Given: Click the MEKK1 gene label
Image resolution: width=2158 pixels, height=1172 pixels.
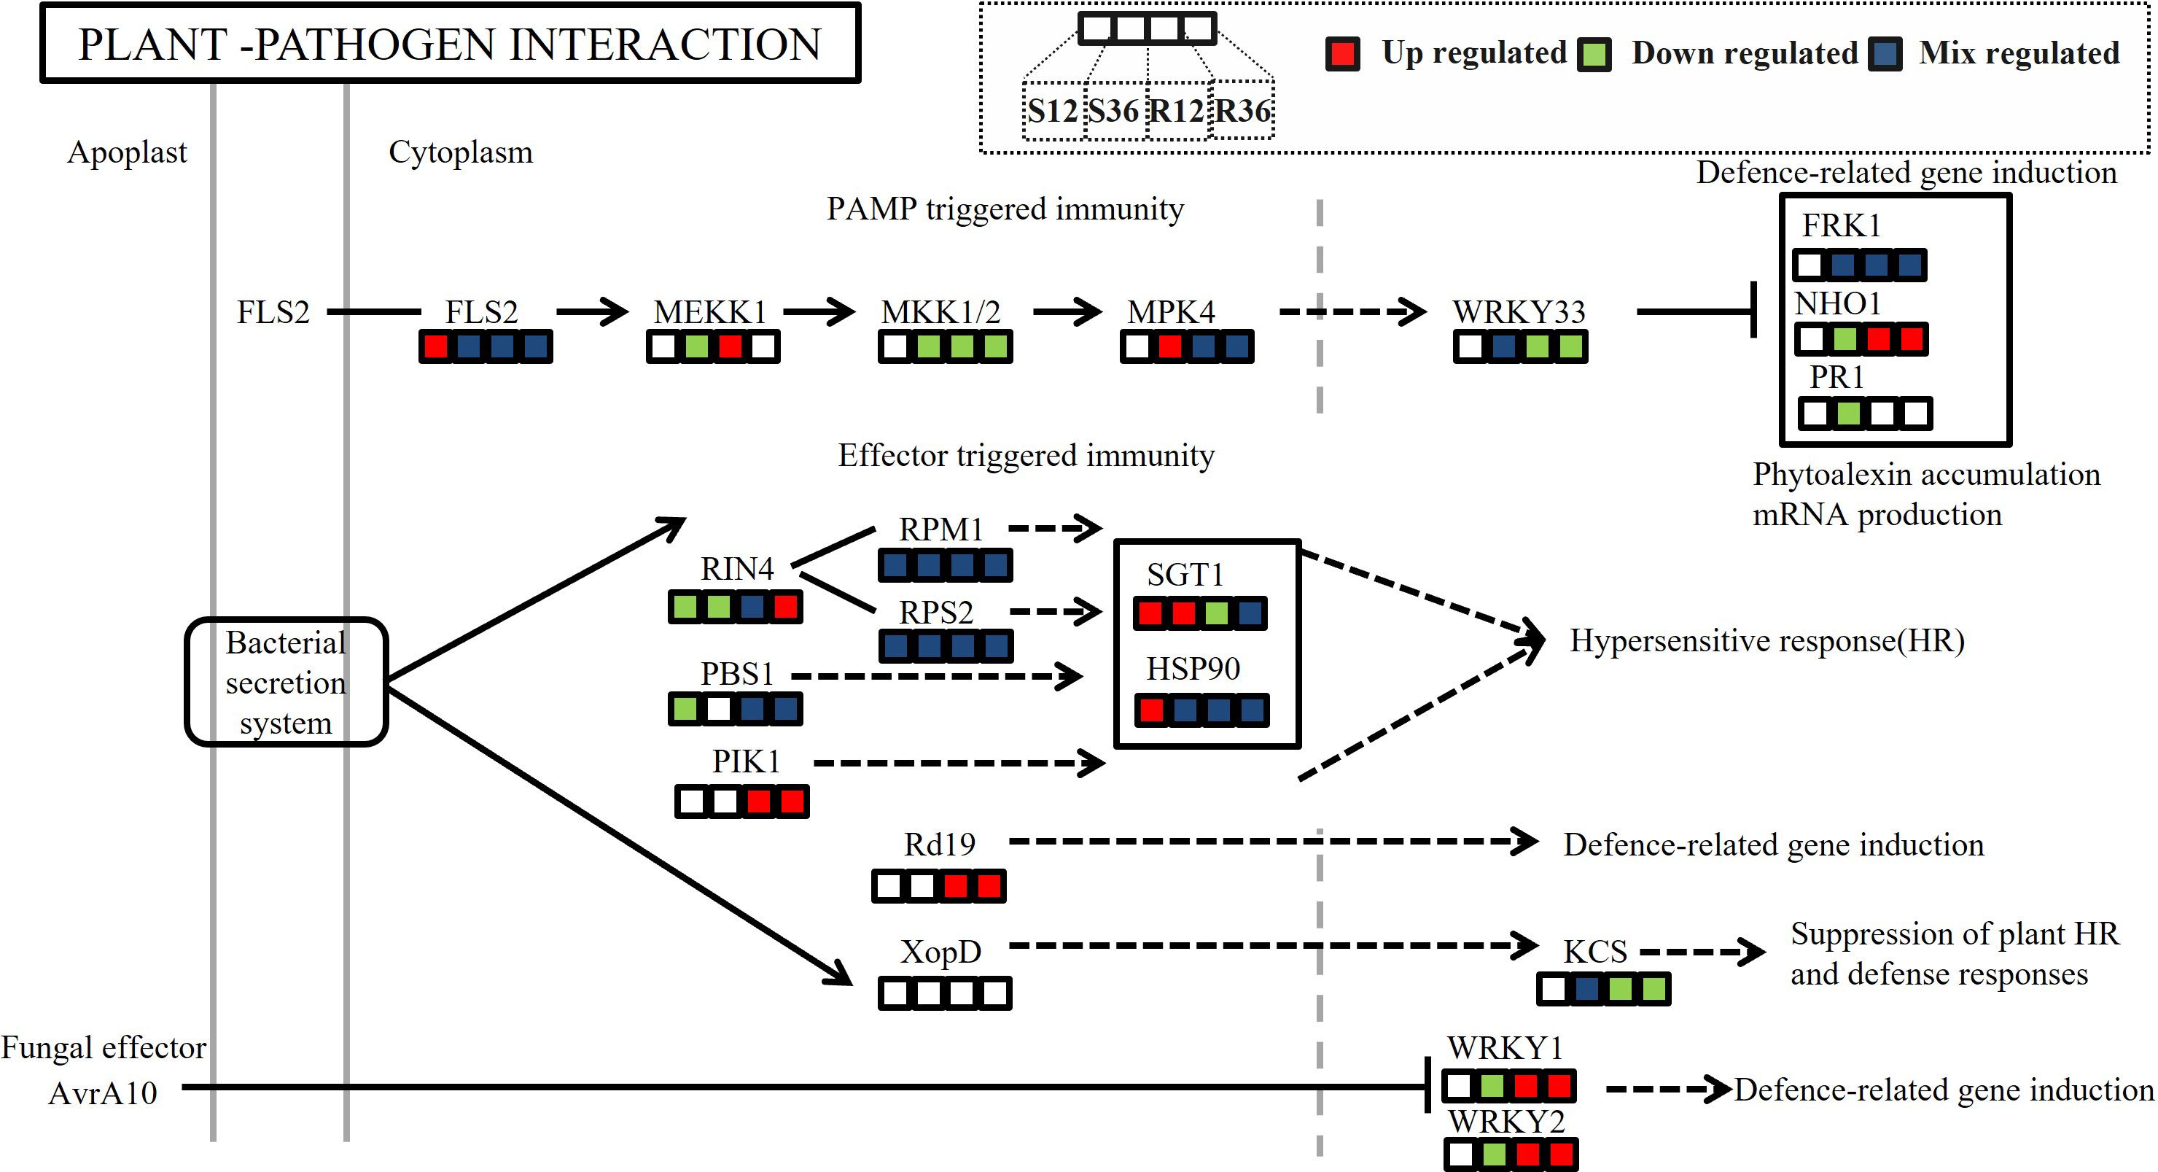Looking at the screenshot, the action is pyautogui.click(x=710, y=311).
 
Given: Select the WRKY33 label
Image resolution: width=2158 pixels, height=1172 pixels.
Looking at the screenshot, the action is pyautogui.click(x=1519, y=311).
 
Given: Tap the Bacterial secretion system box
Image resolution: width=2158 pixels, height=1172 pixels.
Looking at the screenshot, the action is pyautogui.click(x=286, y=682).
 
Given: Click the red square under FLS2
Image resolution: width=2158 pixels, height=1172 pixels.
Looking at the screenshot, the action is pyautogui.click(x=436, y=346).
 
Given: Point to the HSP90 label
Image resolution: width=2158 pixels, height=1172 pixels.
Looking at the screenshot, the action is pyautogui.click(x=1193, y=669).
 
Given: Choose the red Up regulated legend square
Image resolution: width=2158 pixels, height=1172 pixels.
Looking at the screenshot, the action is pyautogui.click(x=1342, y=54).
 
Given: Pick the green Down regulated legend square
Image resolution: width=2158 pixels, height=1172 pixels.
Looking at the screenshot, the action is pyautogui.click(x=1594, y=54).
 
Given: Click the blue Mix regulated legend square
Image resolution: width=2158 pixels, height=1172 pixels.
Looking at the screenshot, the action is pyautogui.click(x=1885, y=54).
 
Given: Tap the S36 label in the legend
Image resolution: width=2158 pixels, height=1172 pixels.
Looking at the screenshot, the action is pyautogui.click(x=1113, y=111).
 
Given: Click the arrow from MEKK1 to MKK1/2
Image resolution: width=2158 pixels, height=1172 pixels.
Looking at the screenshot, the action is pyautogui.click(x=819, y=311).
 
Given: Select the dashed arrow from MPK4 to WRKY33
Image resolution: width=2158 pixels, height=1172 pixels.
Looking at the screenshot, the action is pyautogui.click(x=1352, y=311).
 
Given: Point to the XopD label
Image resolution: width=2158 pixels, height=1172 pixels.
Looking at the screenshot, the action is pyautogui.click(x=940, y=952).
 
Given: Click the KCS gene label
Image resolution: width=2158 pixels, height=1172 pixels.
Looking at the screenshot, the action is pyautogui.click(x=1595, y=952).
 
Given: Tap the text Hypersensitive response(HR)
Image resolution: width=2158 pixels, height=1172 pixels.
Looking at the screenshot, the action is pyautogui.click(x=1766, y=641).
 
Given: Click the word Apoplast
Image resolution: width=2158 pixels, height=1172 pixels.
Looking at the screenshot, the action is pyautogui.click(x=127, y=152).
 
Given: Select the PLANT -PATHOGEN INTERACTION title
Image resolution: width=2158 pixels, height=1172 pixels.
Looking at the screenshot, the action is pyautogui.click(x=450, y=44).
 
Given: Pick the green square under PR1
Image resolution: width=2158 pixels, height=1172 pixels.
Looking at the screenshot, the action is pyautogui.click(x=1848, y=413).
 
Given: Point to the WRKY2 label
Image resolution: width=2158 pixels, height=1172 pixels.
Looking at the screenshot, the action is pyautogui.click(x=1506, y=1121).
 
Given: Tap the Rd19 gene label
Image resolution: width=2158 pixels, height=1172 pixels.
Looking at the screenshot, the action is pyautogui.click(x=940, y=845).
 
